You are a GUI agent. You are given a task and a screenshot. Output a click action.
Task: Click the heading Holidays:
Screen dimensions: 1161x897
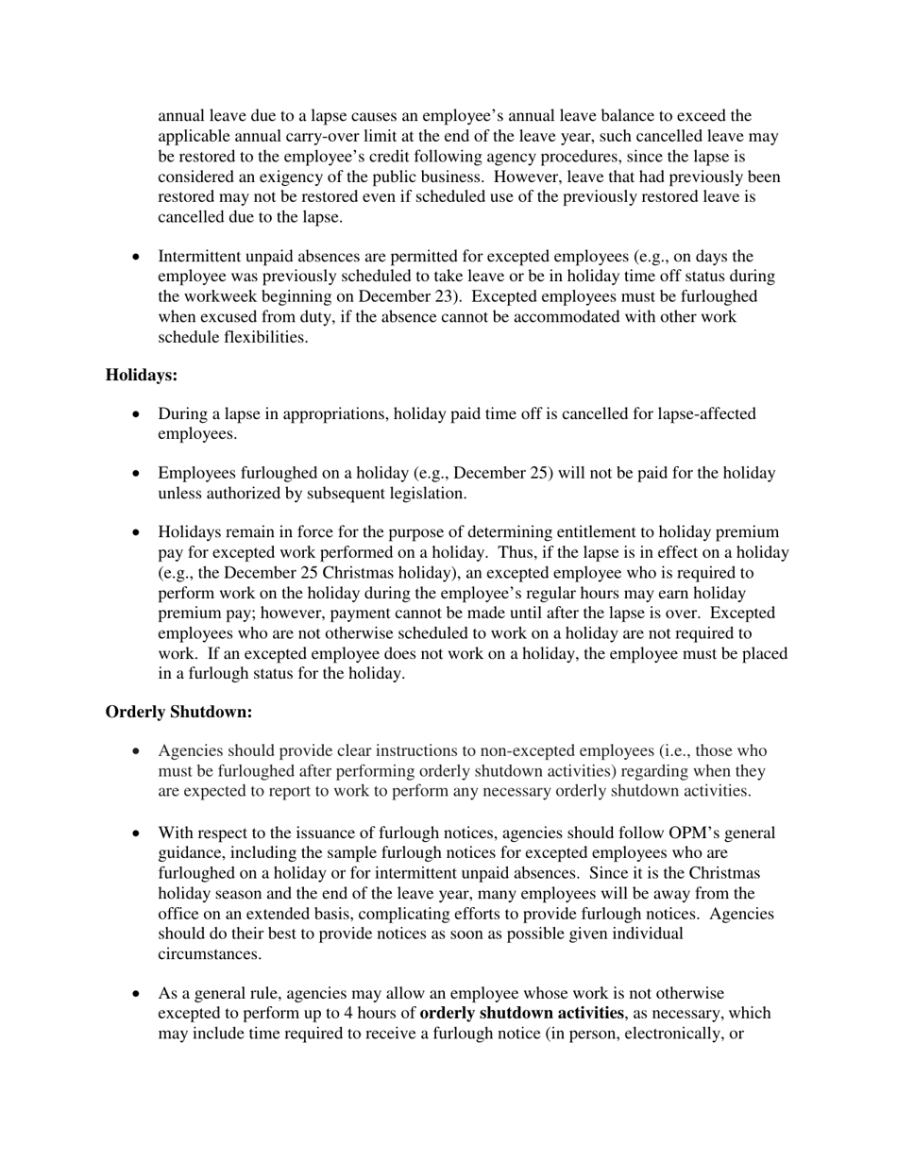142,376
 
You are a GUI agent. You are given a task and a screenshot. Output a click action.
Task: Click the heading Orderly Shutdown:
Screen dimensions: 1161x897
178,712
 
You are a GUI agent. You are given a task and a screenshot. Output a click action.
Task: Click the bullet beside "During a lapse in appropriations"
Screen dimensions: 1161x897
139,414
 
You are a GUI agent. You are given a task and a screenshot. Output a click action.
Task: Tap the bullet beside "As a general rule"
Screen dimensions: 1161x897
139,994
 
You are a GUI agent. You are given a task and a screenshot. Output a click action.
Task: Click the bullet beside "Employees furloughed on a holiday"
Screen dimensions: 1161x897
139,474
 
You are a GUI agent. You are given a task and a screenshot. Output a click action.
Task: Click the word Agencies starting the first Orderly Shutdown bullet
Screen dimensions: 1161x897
189,751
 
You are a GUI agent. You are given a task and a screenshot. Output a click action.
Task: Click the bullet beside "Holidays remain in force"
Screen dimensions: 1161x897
139,533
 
